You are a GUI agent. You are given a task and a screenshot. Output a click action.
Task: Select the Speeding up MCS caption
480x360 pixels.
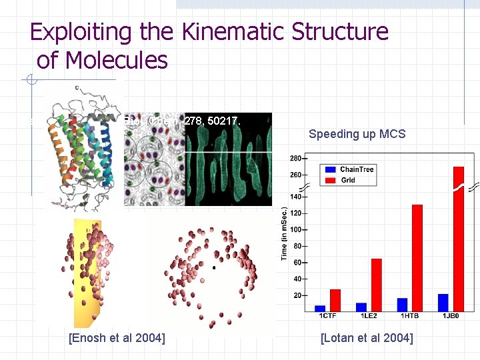[357, 134]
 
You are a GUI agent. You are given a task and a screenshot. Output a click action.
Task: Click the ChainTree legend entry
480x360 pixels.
[357, 169]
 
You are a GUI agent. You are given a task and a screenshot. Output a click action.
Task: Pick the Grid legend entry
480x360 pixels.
[348, 180]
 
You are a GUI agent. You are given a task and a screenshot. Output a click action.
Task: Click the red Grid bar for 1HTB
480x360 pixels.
[417, 257]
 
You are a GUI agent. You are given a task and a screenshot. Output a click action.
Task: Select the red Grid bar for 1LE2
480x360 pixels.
[376, 285]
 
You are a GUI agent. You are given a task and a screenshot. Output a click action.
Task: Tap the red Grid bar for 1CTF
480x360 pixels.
[335, 300]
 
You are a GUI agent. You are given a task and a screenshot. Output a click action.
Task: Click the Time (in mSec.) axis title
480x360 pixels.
[284, 233]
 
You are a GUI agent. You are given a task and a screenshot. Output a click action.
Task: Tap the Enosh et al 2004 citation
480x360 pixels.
[117, 338]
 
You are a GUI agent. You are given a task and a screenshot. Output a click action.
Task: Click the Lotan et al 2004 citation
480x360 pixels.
[367, 338]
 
